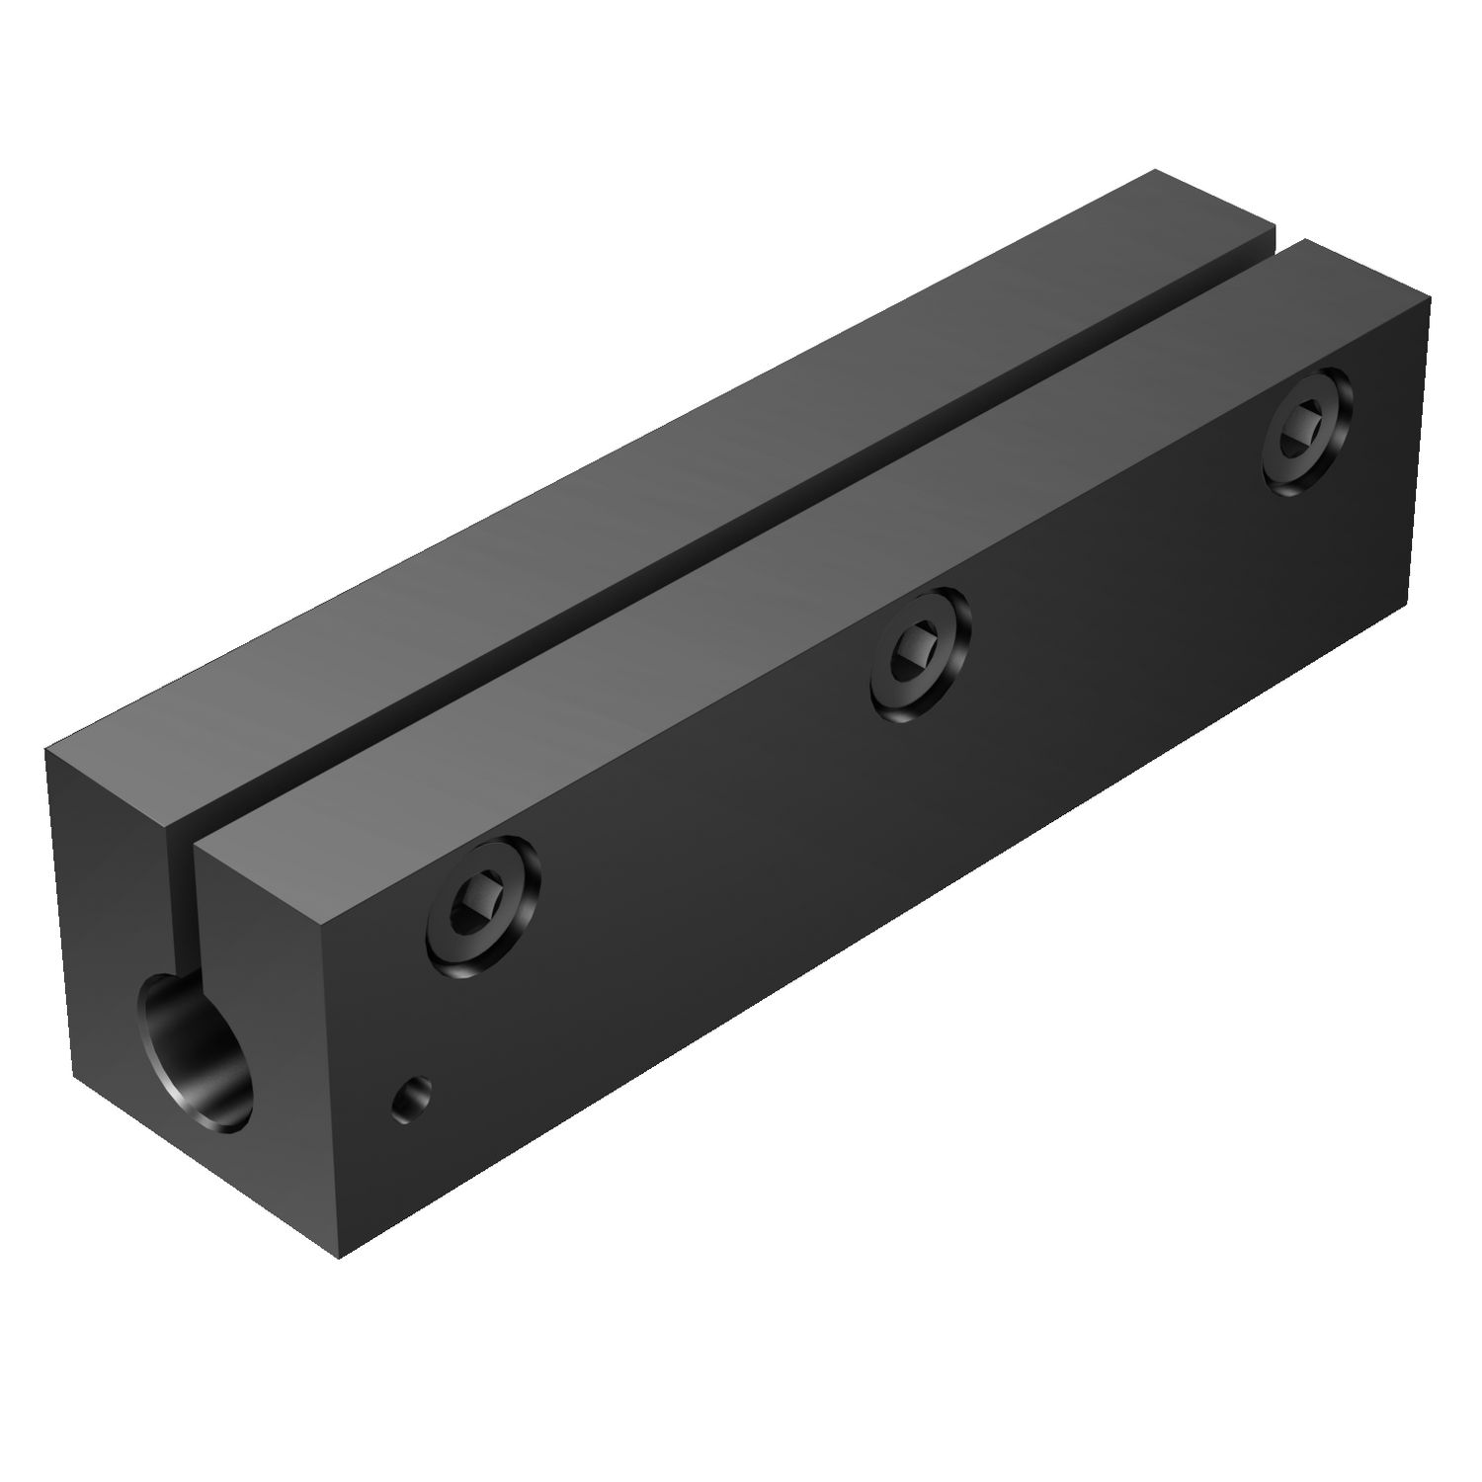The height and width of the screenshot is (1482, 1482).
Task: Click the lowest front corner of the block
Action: [339, 1258]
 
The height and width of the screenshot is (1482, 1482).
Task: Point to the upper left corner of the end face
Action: [46, 751]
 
